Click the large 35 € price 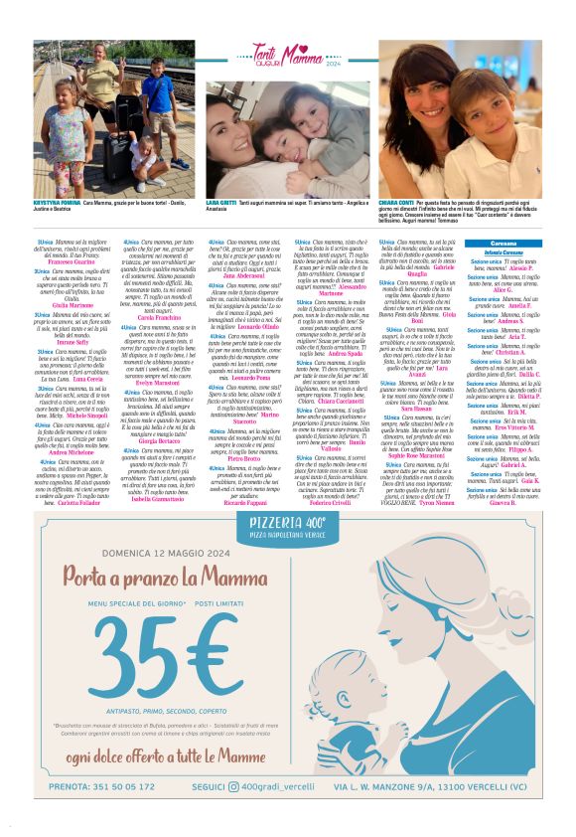point(158,652)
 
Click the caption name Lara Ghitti point(222,202)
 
